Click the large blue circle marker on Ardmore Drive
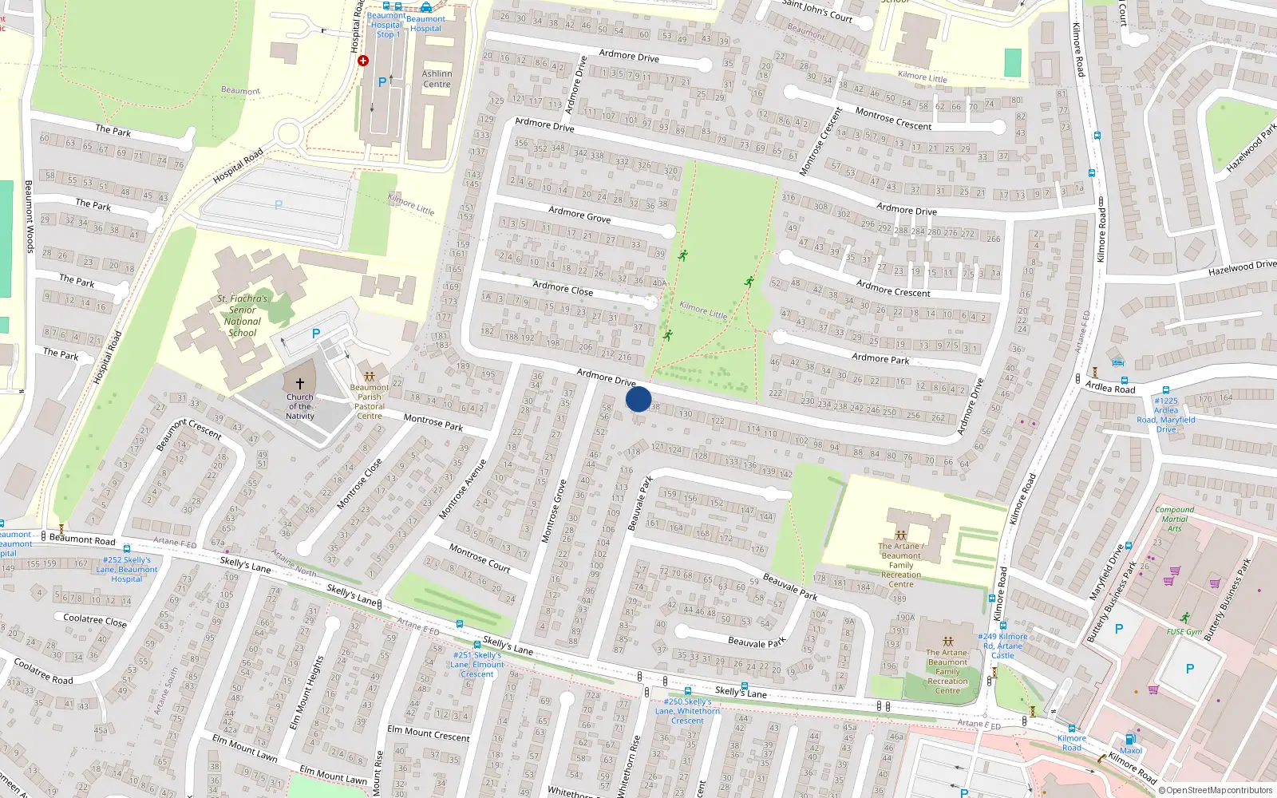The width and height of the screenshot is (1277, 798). click(x=638, y=399)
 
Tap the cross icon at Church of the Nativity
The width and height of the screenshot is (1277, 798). click(x=300, y=384)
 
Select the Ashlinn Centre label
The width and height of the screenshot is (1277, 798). click(x=437, y=79)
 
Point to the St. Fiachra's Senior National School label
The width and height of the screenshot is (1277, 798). click(x=243, y=315)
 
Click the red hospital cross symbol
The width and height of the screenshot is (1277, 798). click(x=363, y=61)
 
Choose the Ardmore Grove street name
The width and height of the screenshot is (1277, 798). click(x=579, y=215)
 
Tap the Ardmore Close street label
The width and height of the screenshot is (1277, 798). click(x=563, y=288)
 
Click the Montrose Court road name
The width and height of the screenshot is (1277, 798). click(x=479, y=557)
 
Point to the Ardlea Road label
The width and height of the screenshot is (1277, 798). click(x=1109, y=388)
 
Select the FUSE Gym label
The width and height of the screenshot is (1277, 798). click(x=1184, y=632)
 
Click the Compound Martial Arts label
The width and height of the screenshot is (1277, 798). click(x=1175, y=519)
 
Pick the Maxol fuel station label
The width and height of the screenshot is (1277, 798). click(x=1131, y=750)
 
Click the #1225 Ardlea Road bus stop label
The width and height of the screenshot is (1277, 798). click(x=1166, y=415)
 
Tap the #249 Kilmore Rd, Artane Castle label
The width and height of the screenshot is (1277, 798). click(x=1002, y=646)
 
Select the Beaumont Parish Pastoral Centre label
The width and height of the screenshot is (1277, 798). click(x=370, y=401)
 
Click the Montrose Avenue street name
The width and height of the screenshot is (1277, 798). click(x=463, y=489)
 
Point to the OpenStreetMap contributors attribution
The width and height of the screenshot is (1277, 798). click(x=1216, y=790)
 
